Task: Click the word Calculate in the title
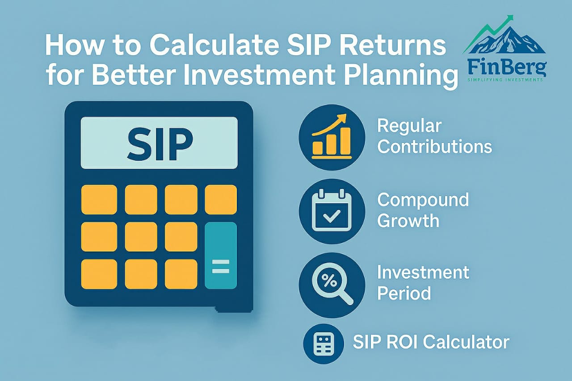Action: click(x=214, y=46)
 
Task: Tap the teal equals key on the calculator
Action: click(x=221, y=255)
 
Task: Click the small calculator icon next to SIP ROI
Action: click(x=323, y=344)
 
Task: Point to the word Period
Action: click(x=404, y=293)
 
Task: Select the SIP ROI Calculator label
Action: click(x=431, y=342)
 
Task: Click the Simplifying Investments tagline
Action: click(x=505, y=80)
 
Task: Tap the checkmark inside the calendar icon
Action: click(x=332, y=216)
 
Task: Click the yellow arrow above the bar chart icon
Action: click(x=329, y=124)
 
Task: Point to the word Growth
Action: click(x=408, y=221)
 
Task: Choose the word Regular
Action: click(x=409, y=126)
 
